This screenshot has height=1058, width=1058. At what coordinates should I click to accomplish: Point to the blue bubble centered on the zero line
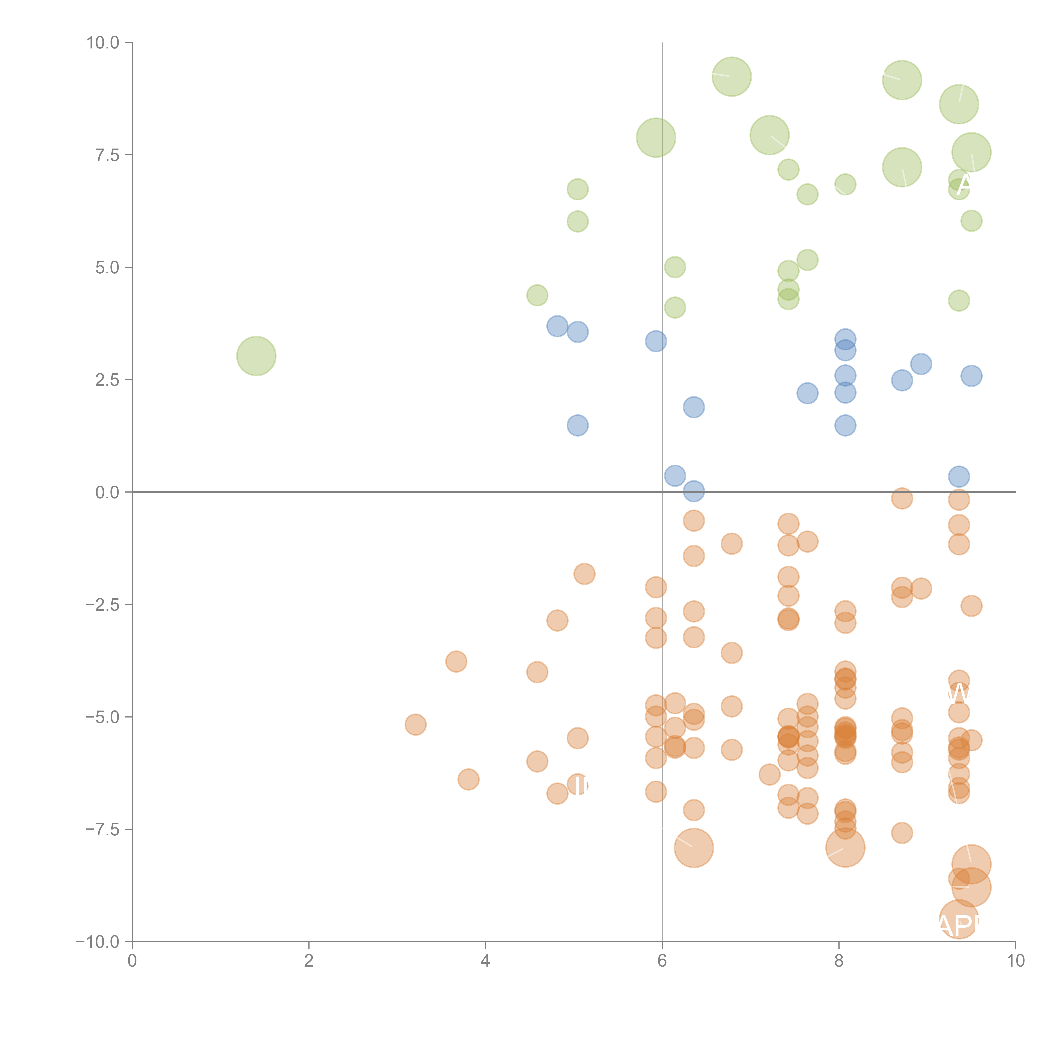coord(694,491)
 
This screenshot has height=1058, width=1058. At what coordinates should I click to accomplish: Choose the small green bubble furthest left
coord(537,295)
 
